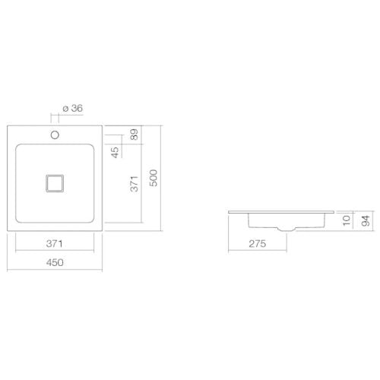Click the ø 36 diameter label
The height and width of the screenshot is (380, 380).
pos(72,109)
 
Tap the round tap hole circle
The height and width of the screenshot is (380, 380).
pos(55,135)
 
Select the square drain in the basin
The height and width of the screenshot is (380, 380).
pos(55,183)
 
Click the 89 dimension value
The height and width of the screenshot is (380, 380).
pos(134,135)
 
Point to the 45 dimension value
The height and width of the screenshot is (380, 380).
pos(115,152)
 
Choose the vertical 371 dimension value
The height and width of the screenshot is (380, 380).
pos(134,184)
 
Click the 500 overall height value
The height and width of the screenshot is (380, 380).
pos(154,178)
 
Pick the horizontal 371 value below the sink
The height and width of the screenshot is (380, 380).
pos(55,244)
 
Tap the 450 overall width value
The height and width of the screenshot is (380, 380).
pos(55,262)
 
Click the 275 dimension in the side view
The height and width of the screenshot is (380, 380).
pos(258,244)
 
